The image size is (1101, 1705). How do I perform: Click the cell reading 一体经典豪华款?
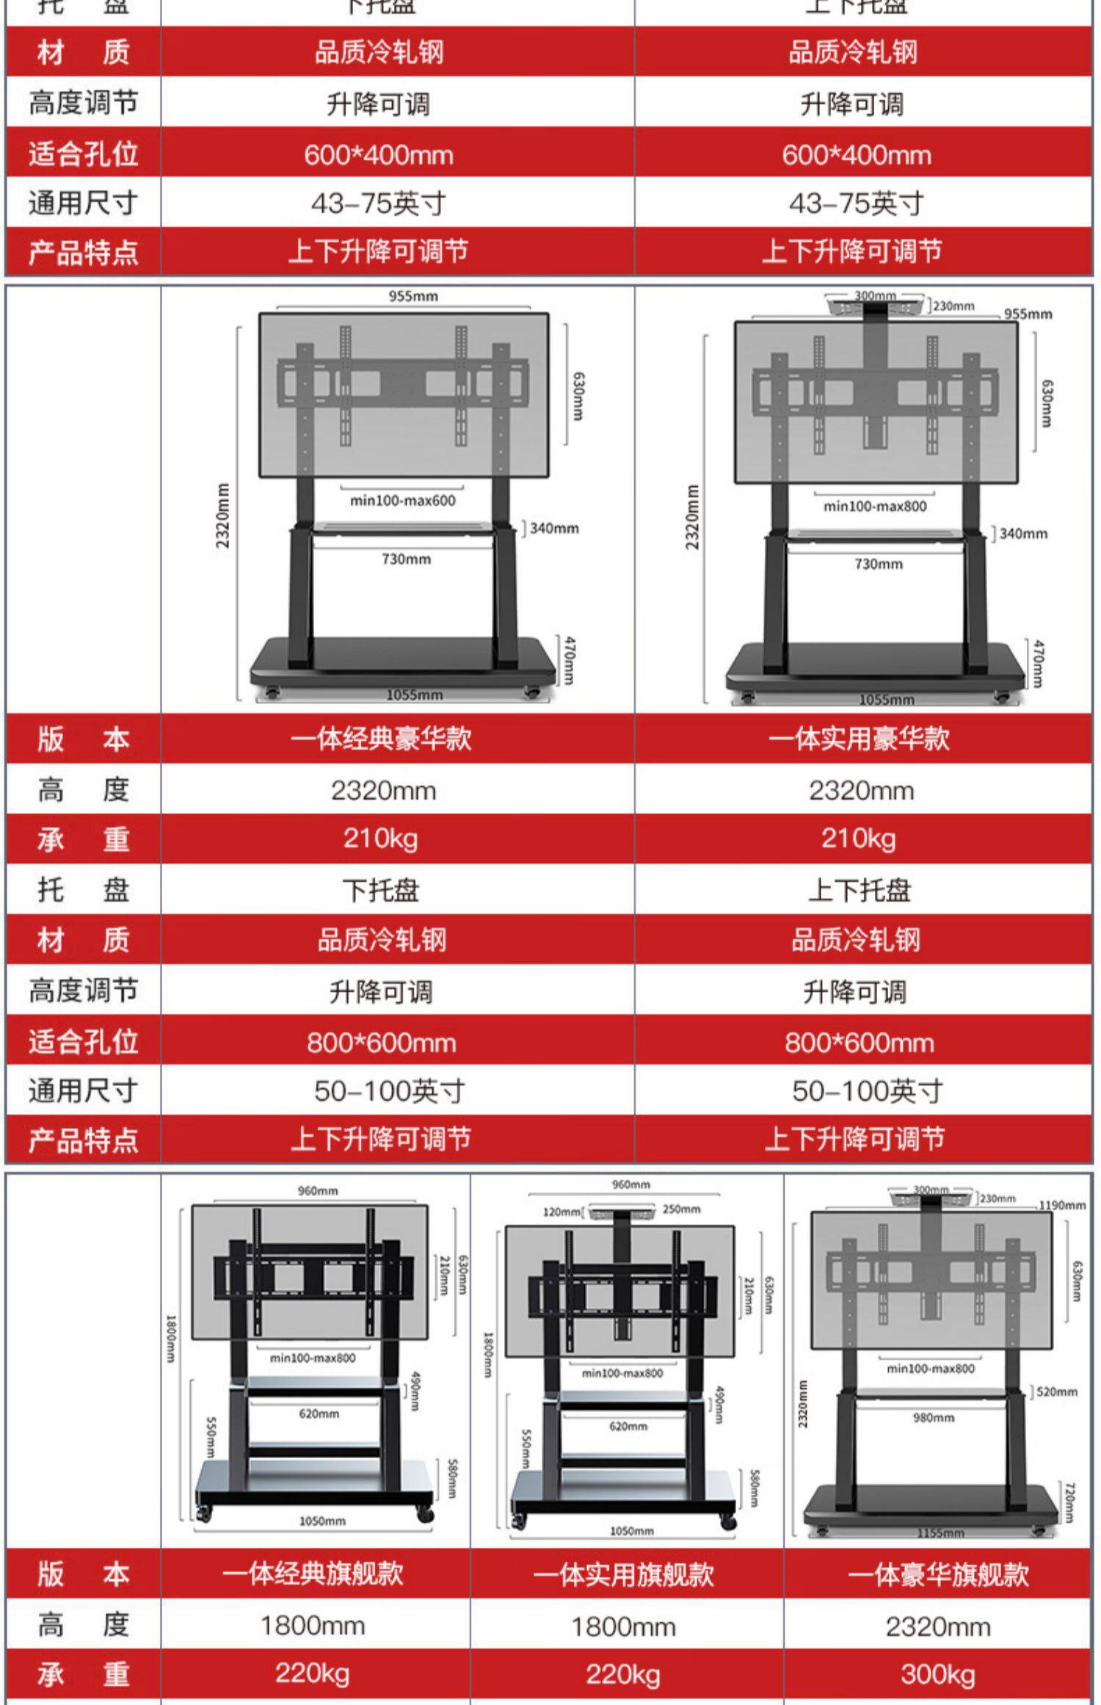381,738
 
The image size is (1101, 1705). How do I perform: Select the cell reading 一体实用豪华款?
859,738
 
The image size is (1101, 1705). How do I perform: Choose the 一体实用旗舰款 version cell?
624,1574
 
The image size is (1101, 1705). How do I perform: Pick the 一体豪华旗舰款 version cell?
938,1574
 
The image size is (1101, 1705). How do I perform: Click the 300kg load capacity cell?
938,1674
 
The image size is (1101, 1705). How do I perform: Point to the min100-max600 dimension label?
402,501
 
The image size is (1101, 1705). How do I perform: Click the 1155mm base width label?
940,1534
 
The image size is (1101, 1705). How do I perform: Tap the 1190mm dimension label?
1061,1205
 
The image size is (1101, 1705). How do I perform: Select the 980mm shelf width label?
934,1417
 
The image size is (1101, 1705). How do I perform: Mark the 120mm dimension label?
562,1212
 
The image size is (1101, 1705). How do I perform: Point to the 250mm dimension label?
681,1209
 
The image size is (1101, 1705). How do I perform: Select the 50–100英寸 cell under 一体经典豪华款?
390,1091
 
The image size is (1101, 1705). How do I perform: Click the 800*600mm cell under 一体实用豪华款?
859,1043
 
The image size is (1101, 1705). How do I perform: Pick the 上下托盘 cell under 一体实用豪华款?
859,891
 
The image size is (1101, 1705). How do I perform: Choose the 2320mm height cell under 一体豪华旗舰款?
938,1626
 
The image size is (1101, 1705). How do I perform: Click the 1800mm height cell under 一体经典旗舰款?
313,1626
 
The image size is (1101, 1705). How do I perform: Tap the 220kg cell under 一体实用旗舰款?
624,1674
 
